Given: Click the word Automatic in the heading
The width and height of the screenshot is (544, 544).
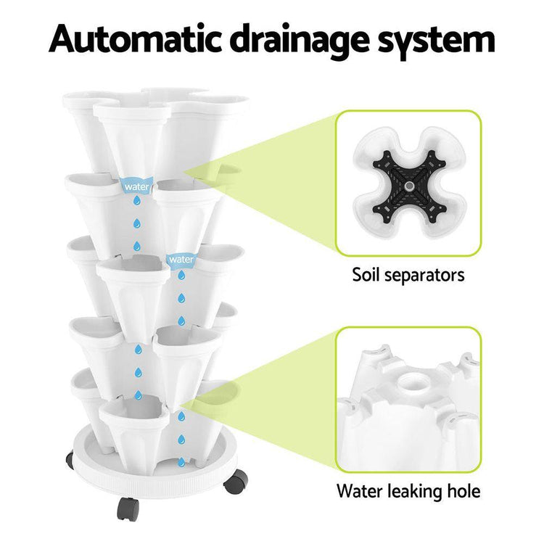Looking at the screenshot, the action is (x=136, y=39).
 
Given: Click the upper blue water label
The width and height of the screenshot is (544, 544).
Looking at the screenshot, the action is (x=136, y=186).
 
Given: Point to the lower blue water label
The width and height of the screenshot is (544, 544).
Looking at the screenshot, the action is (x=181, y=260).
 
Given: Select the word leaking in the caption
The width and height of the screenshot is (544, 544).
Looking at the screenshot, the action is (x=413, y=492).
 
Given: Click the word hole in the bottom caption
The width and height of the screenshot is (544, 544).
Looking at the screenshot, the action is (x=463, y=490).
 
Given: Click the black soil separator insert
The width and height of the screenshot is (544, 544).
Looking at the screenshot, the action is (x=409, y=186).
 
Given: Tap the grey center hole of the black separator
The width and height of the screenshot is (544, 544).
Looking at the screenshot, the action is (x=409, y=186).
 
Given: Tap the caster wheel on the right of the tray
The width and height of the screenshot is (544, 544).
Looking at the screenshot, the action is (x=236, y=481).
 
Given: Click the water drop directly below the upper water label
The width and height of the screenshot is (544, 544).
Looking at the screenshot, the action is (x=137, y=200).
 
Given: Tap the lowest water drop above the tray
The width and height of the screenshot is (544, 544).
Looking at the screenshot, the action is (x=181, y=462).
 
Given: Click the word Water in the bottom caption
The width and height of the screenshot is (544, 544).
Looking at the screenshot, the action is (x=359, y=491).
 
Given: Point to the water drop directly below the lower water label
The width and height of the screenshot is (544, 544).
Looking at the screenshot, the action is (x=181, y=275).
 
